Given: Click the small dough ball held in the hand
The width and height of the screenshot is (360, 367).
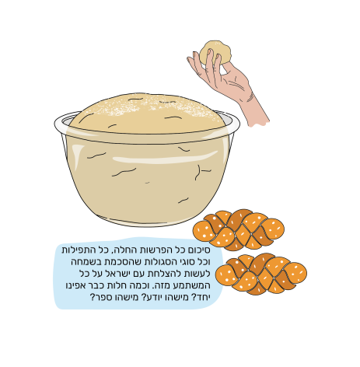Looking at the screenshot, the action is [x=215, y=52].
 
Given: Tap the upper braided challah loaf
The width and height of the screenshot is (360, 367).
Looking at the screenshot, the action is [x=239, y=230].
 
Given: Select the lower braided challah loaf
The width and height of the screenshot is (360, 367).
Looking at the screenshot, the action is [x=261, y=274].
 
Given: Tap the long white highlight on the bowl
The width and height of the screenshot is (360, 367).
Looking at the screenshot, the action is [x=166, y=157].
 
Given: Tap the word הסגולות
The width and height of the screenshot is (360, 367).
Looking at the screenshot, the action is [x=159, y=262].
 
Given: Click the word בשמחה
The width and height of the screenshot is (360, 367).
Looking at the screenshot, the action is [x=84, y=262].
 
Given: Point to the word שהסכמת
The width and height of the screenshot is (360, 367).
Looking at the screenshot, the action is [x=121, y=262].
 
